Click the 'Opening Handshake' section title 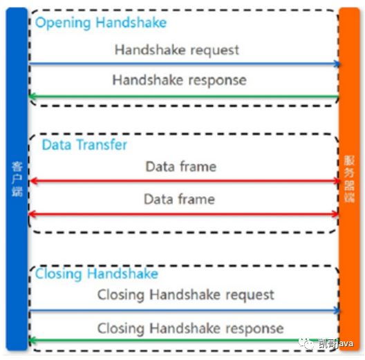pos(101,23)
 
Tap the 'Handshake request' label pos(177,50)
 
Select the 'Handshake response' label pos(180,81)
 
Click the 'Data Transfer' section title pos(84,144)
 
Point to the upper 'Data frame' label pos(181,167)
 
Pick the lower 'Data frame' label pos(180,199)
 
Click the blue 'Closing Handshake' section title pos(97,274)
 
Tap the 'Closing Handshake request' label pos(186,295)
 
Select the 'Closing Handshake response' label pos(190,329)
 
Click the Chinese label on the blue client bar pos(17,179)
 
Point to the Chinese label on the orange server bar pos(349,179)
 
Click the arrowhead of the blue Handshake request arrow pos(337,64)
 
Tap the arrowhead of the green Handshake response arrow pos(32,96)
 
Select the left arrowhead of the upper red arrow pos(33,181)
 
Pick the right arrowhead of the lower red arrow pos(335,214)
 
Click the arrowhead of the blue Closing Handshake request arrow pos(337,310)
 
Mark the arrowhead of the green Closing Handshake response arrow pos(32,340)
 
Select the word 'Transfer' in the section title pos(102,144)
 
